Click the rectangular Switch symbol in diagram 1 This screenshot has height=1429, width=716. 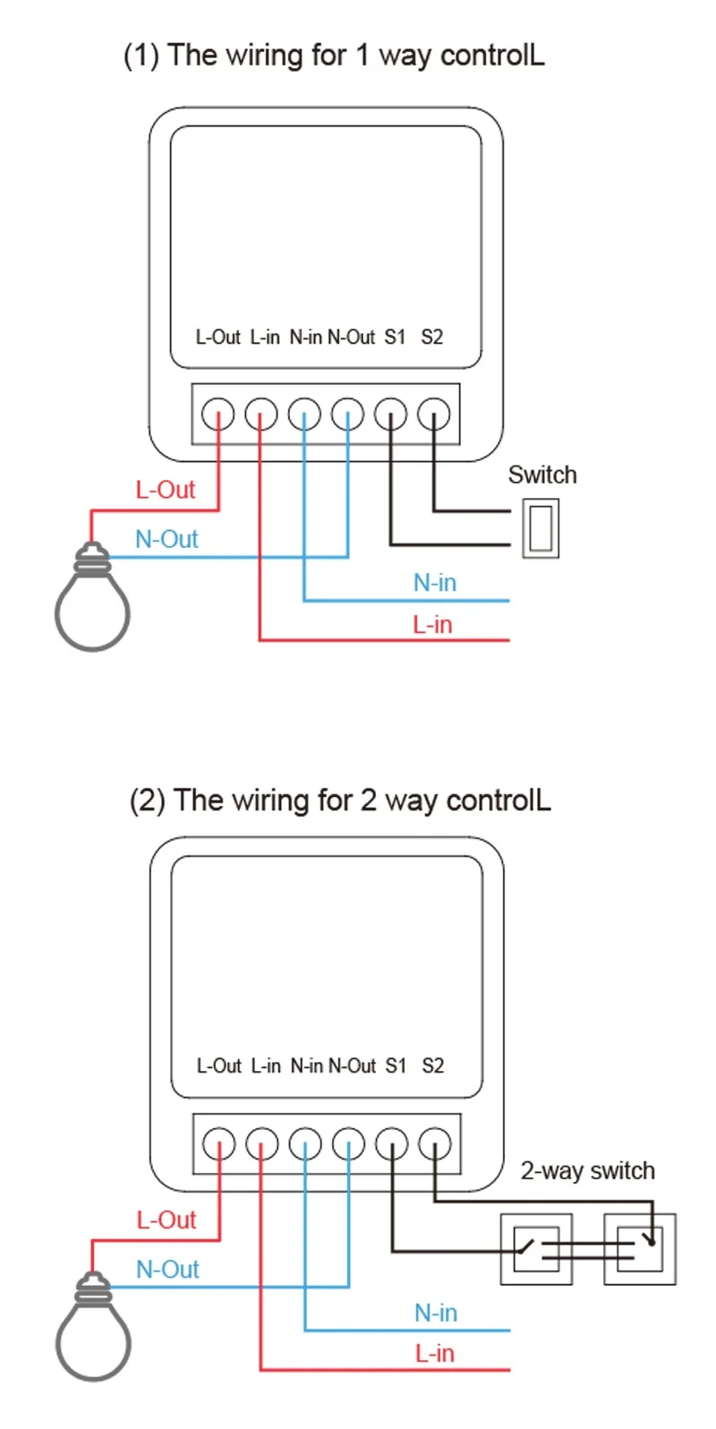(540, 529)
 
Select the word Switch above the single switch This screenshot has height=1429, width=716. (542, 475)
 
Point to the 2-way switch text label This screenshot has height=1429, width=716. (588, 1170)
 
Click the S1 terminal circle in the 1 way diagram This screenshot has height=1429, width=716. (391, 415)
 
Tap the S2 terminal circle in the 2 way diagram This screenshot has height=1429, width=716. (435, 1143)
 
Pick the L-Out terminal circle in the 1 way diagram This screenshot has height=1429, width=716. (218, 415)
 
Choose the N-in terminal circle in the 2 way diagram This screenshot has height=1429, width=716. (305, 1143)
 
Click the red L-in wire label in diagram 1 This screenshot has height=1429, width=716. (432, 625)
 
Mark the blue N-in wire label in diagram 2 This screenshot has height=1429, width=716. (436, 1313)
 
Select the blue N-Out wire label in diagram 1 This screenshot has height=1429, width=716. (166, 539)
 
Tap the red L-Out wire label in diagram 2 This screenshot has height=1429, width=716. (166, 1219)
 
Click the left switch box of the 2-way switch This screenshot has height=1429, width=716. (536, 1249)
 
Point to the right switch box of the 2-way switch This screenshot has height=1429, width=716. (640, 1249)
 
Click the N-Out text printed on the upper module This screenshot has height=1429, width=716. (351, 338)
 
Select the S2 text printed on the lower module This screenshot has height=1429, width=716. (433, 1065)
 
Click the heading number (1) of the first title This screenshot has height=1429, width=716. (141, 56)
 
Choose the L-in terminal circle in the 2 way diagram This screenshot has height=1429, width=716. (262, 1143)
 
